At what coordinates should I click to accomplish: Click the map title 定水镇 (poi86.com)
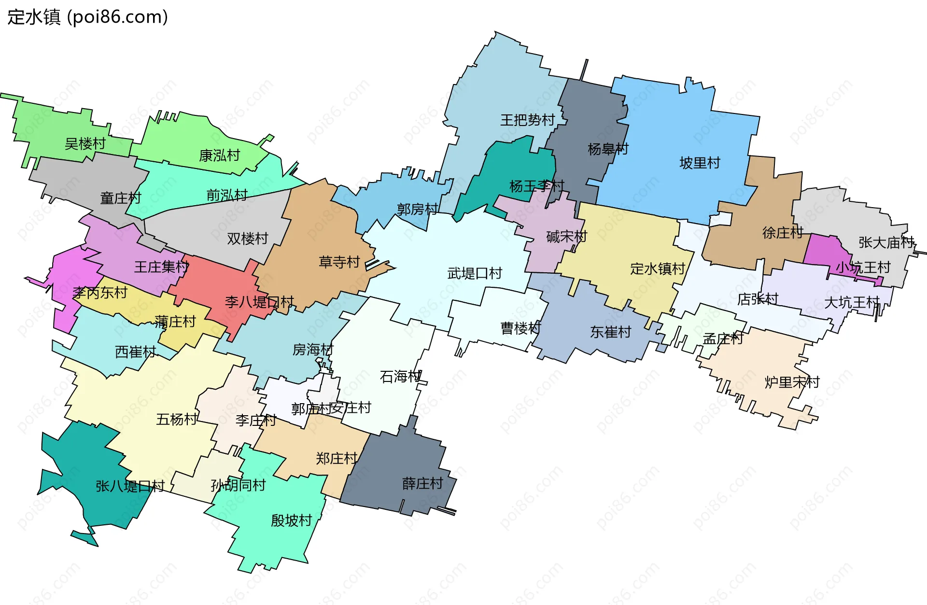[x=87, y=17]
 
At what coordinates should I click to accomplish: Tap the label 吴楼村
[x=85, y=143]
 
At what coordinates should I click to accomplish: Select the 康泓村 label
[x=219, y=155]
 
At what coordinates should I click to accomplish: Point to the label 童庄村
[x=121, y=198]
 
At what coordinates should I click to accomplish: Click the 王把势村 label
[x=527, y=120]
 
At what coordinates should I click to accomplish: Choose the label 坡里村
[x=700, y=163]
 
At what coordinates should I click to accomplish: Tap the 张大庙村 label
[x=886, y=242]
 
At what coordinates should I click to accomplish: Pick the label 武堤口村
[x=475, y=273]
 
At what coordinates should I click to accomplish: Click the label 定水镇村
[x=658, y=268]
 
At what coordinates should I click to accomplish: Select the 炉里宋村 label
[x=792, y=382]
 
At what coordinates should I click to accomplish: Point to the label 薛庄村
[x=422, y=483]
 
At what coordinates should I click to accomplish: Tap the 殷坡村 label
[x=291, y=520]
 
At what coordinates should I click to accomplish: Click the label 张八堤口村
[x=130, y=486]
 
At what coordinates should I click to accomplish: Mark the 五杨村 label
[x=177, y=419]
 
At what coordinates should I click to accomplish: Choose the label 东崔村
[x=610, y=332]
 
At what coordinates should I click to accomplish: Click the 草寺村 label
[x=339, y=262]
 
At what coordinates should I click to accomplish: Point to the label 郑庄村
[x=337, y=458]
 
